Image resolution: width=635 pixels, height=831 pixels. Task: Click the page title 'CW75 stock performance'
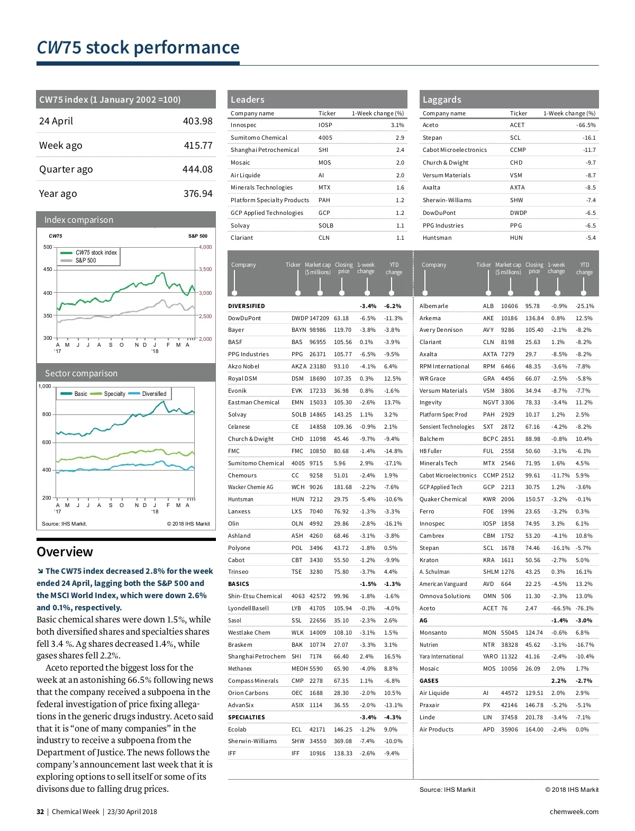coord(138,48)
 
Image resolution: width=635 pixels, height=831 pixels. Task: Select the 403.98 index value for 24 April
coord(197,121)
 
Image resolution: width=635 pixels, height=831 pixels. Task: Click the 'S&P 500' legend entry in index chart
coord(85,260)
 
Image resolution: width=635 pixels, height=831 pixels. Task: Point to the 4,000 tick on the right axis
coord(205,247)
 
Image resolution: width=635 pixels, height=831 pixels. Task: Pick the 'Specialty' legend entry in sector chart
coord(114,394)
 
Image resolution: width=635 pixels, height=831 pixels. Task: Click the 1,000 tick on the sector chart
coord(44,386)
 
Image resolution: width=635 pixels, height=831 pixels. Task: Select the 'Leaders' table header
coord(247,100)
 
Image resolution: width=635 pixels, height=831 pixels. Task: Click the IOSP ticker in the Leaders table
coord(325,125)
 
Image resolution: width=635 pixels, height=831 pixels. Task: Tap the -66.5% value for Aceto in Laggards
coord(586,125)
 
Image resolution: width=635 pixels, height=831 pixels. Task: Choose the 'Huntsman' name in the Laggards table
coord(437,238)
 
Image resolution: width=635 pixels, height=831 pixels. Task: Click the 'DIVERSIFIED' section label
coord(246,306)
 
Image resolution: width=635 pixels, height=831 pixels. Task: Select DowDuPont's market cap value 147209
coord(319,318)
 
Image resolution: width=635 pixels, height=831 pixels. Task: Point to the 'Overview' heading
coord(65,552)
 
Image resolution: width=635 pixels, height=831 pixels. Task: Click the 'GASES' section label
coord(429,681)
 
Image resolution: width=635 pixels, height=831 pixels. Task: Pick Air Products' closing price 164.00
coord(534,729)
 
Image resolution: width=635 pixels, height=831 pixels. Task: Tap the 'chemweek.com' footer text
coord(574,811)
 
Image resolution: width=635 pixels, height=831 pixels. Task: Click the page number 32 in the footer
coord(40,811)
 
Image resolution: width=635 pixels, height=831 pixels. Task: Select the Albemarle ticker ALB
coord(488,306)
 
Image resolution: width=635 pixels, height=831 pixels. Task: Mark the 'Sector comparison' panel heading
coord(81,373)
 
